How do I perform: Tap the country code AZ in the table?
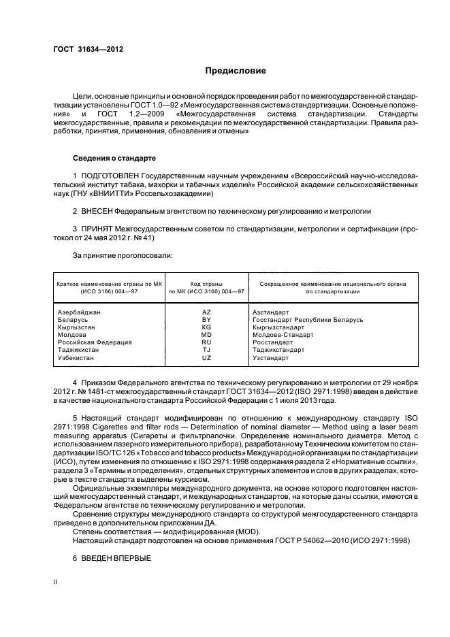point(207,312)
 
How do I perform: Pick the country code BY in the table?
point(207,319)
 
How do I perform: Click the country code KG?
point(207,327)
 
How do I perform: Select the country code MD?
point(207,335)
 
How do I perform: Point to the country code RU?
point(207,342)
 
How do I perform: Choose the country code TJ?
point(207,350)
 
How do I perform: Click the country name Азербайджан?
point(80,312)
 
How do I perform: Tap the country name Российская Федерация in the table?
point(95,342)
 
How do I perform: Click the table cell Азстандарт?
point(270,312)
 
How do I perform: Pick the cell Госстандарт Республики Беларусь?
point(307,319)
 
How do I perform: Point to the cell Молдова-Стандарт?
point(283,335)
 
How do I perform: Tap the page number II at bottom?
point(56,583)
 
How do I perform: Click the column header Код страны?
point(207,282)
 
